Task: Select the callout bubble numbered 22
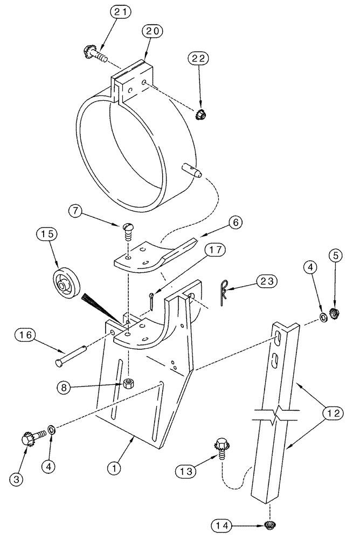[x=198, y=58]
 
